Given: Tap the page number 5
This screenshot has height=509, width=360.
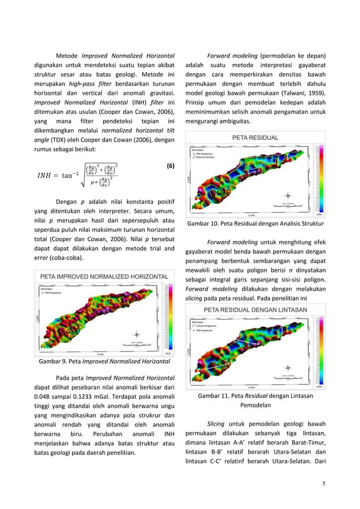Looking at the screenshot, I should (x=323, y=483).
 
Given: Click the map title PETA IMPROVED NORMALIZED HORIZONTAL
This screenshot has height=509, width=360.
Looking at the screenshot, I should (x=103, y=277).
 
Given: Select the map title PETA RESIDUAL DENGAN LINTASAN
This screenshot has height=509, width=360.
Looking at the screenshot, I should (x=255, y=310).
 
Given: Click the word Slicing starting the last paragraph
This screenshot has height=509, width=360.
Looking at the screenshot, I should (x=217, y=423).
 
